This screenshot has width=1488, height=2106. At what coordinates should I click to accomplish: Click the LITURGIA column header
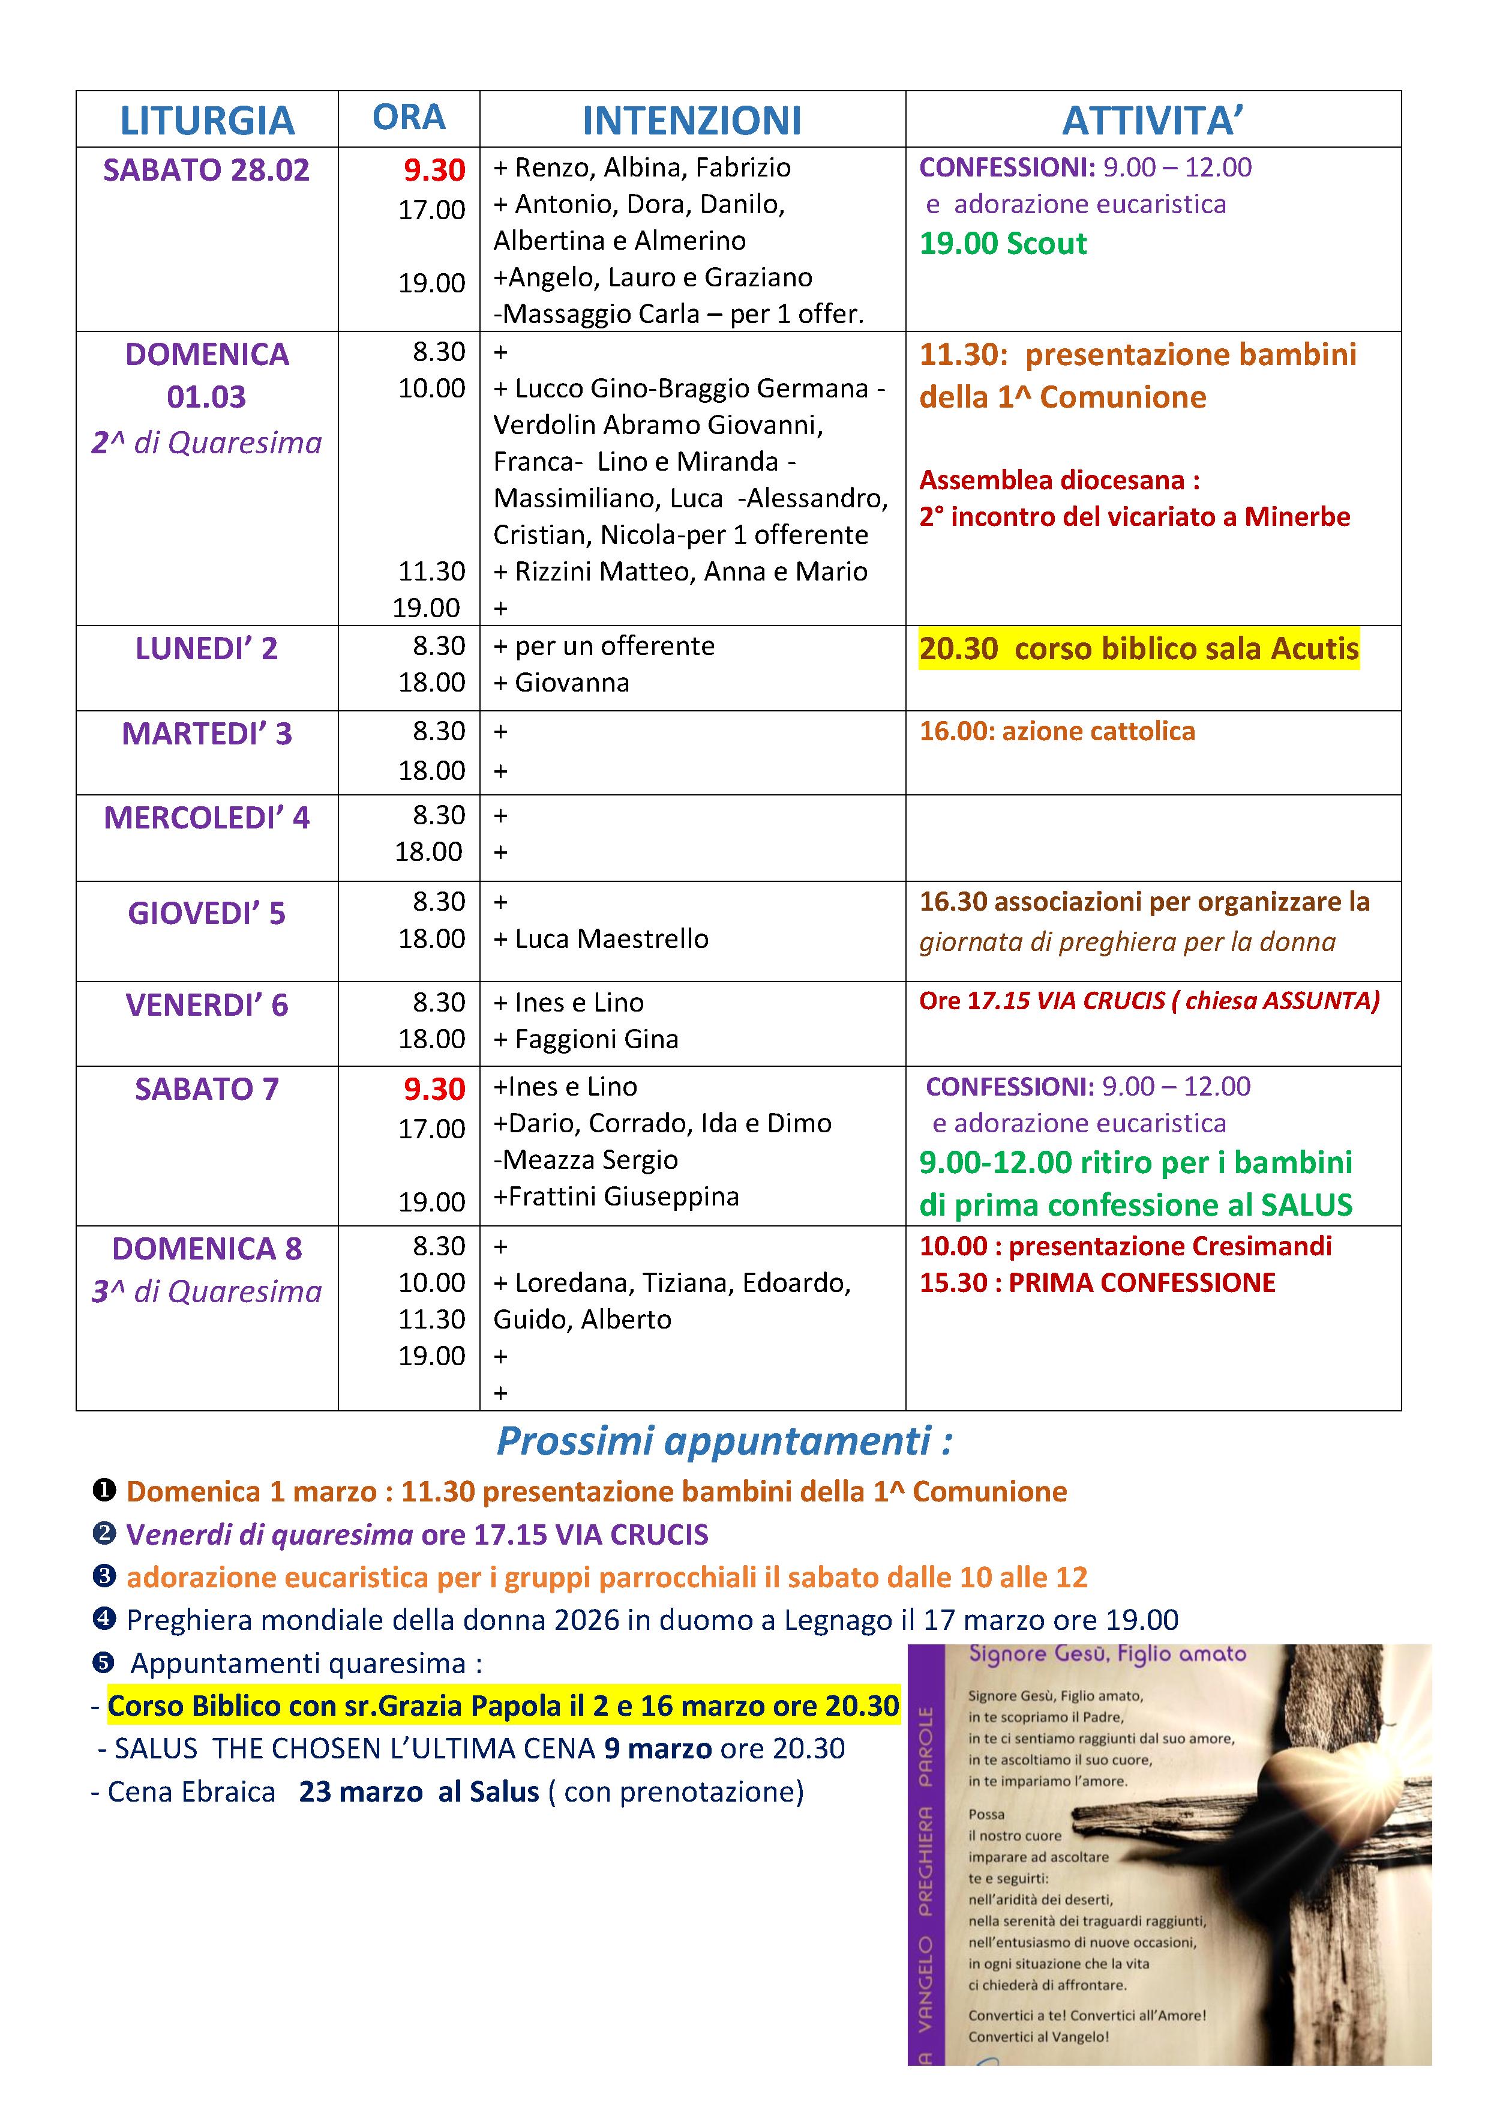(x=207, y=120)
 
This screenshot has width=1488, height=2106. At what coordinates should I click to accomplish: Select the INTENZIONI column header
(x=692, y=120)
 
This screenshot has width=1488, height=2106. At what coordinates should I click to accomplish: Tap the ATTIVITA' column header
(x=1153, y=120)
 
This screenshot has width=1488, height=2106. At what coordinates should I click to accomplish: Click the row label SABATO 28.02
(x=206, y=170)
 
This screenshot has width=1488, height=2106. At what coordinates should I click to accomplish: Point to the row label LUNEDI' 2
(x=206, y=648)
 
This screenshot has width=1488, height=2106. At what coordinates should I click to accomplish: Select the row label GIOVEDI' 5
(x=206, y=914)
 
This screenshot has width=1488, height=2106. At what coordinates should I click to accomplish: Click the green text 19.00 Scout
(x=1003, y=244)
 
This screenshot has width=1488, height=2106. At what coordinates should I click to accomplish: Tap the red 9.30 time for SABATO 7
(x=434, y=1089)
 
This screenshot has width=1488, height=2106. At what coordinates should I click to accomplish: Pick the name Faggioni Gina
(x=596, y=1039)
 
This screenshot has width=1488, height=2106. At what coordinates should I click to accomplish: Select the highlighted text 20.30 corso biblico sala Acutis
(x=1139, y=648)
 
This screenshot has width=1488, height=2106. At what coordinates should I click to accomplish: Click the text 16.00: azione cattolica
(x=1057, y=731)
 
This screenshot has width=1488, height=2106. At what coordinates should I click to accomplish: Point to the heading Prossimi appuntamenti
(x=724, y=1441)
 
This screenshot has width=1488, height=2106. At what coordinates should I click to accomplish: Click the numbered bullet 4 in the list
(x=104, y=1619)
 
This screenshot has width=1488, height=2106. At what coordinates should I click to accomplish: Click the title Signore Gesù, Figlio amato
(x=1108, y=1654)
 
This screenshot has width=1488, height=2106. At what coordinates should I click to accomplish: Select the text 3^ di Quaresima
(x=206, y=1291)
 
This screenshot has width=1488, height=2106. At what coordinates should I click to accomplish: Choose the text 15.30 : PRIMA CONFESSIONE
(x=1097, y=1282)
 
